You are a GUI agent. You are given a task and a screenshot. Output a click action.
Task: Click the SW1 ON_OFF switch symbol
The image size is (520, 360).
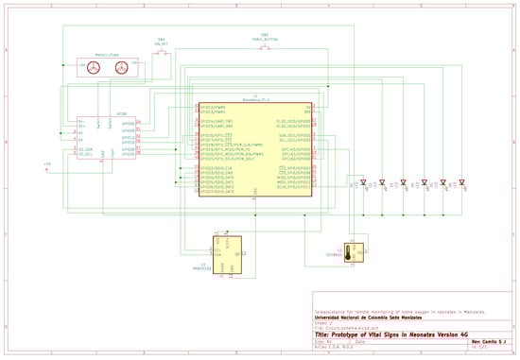coord(162,54)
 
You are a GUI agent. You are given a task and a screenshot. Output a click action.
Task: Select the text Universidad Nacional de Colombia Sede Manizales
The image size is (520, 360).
coord(367,317)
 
